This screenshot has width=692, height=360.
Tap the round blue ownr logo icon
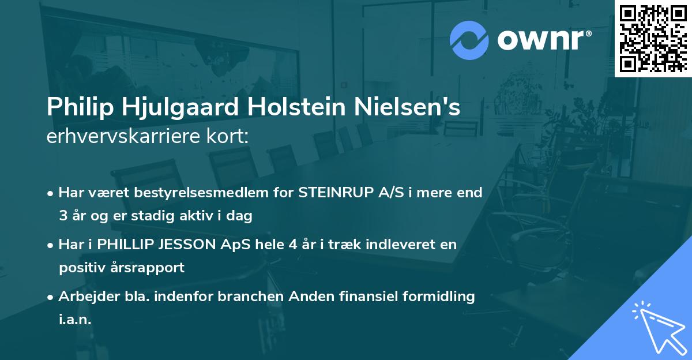[x=469, y=40]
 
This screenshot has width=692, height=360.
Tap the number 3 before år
[x=63, y=216]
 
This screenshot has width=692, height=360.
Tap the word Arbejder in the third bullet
[x=84, y=297]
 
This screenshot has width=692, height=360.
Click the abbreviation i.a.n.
[x=75, y=320]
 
